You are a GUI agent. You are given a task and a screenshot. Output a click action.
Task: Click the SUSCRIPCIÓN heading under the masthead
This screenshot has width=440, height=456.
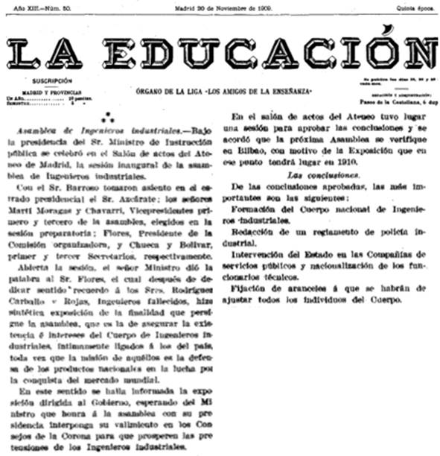click(52, 80)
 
